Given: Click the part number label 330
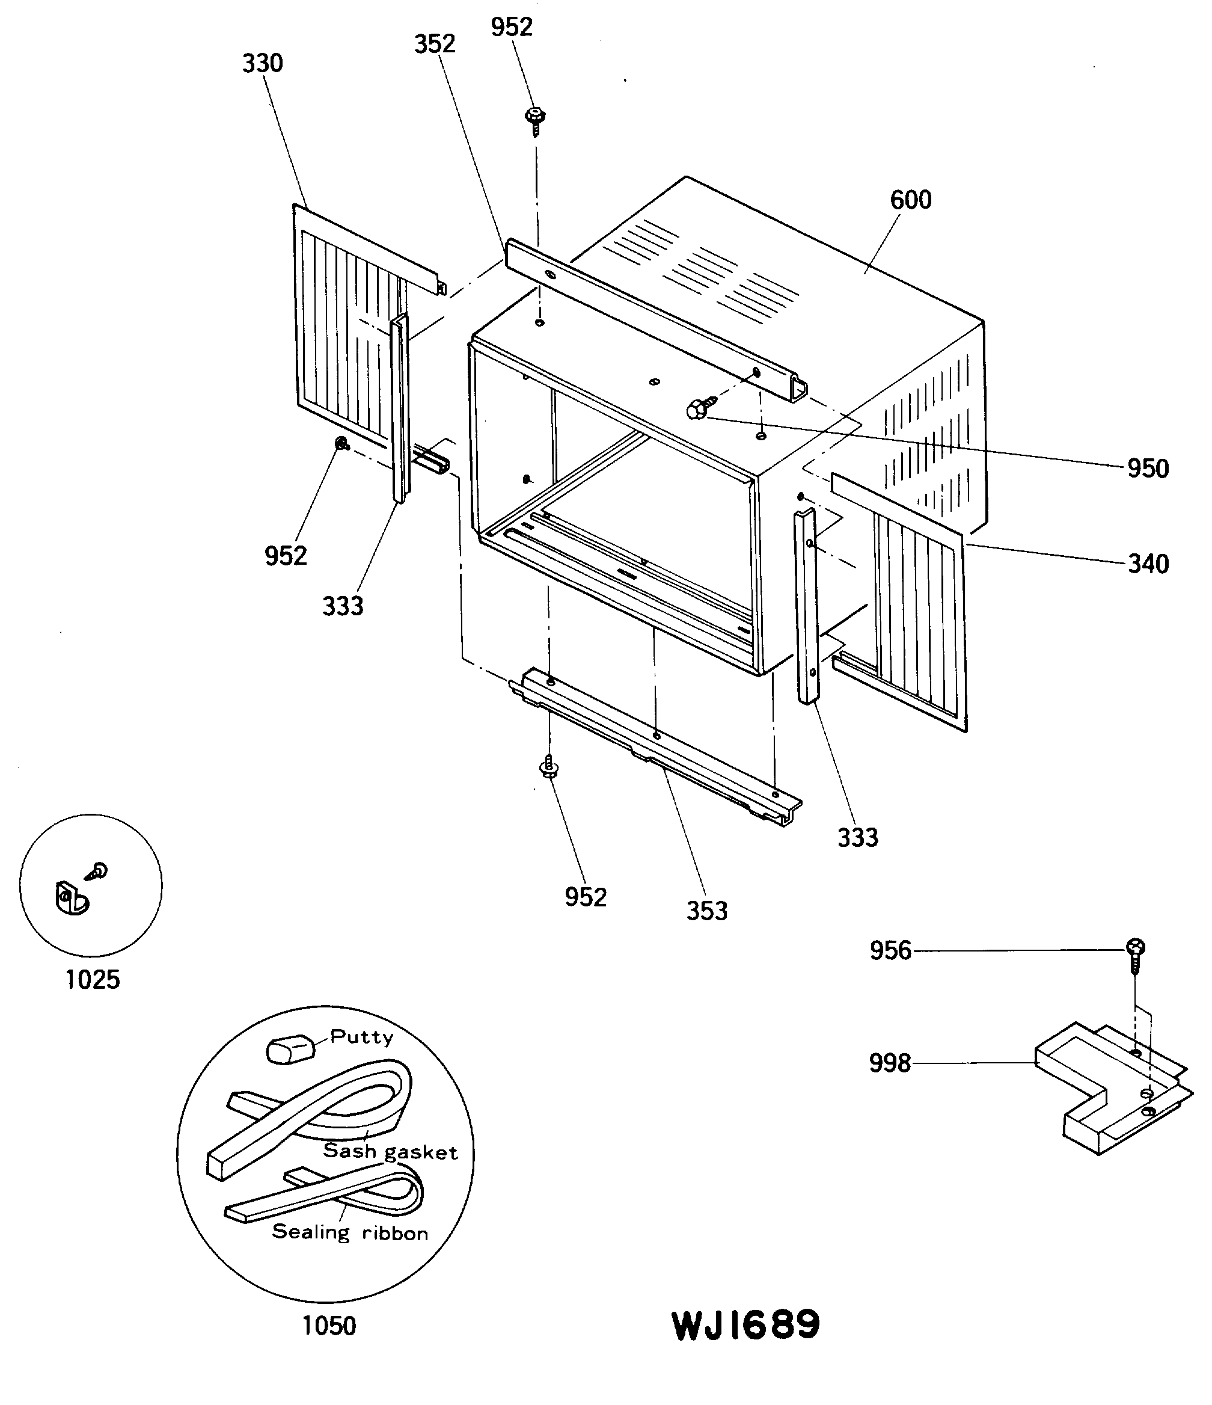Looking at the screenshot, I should [262, 64].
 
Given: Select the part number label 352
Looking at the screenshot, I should [435, 44].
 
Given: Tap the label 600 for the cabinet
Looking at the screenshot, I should [910, 200].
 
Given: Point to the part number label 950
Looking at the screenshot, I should [1148, 469].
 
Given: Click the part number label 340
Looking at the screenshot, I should [1148, 564].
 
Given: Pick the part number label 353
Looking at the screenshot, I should [707, 911].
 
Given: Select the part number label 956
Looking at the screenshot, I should [890, 951].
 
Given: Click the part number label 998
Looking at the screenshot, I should [889, 1063].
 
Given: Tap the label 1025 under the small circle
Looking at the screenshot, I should [92, 979].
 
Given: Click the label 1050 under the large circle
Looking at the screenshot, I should [329, 1326].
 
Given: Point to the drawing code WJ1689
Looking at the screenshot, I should [745, 1326].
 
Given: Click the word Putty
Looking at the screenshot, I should [361, 1037].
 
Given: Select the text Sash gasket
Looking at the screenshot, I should [390, 1152].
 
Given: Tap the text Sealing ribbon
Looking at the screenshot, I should [350, 1232].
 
